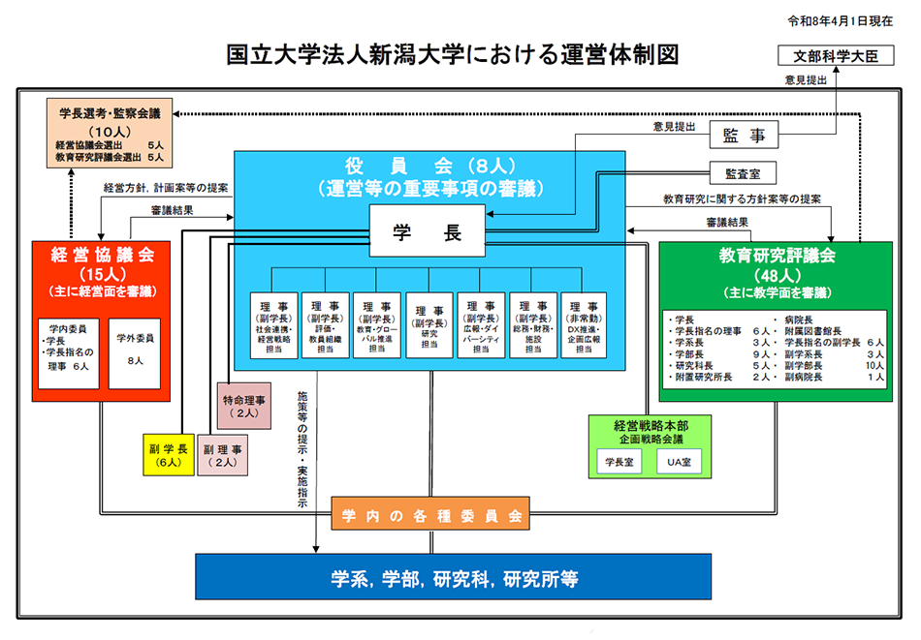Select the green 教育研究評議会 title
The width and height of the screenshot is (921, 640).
tap(777, 257)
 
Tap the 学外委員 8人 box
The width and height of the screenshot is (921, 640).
tap(135, 352)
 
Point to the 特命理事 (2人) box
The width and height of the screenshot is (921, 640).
tap(241, 406)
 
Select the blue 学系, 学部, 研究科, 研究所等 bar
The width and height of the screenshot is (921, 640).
tap(454, 578)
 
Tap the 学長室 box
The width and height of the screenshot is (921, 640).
tap(618, 463)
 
